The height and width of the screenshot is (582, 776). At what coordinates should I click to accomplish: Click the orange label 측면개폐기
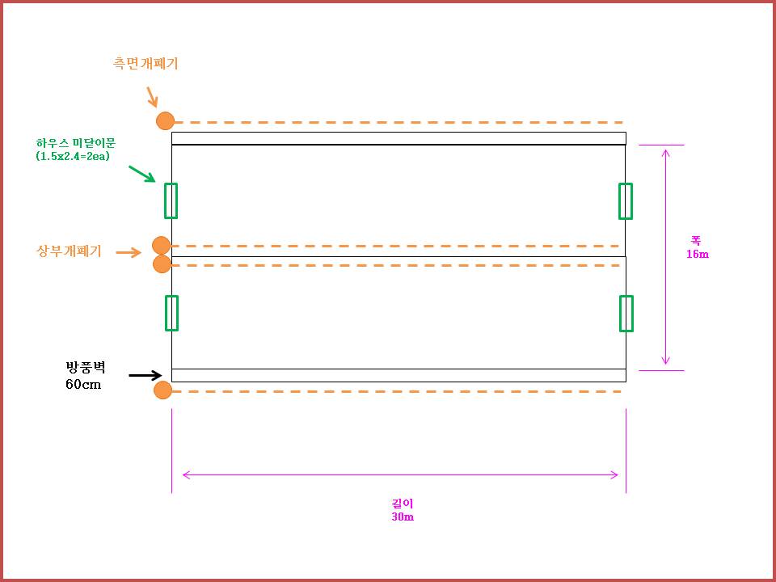coord(145,63)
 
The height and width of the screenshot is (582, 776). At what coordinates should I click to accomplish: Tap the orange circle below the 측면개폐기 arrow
coord(165,121)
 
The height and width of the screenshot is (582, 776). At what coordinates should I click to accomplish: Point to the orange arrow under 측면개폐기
coord(151,97)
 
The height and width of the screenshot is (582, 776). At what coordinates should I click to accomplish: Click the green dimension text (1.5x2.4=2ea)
coord(73,156)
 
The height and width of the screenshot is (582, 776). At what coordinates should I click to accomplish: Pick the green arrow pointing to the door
coord(141,174)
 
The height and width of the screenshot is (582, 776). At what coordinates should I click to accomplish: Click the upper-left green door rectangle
coord(171,200)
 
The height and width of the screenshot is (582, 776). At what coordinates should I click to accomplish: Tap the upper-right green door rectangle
coord(626,200)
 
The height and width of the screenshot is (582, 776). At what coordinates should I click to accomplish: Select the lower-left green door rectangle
coord(171,313)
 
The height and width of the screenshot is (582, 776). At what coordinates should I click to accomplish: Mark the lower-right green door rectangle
coord(626,313)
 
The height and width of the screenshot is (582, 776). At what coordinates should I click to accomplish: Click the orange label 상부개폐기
coord(70,251)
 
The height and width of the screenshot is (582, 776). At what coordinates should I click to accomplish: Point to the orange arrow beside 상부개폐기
coord(129,252)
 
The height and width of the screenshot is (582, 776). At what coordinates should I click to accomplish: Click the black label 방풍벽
coord(85,369)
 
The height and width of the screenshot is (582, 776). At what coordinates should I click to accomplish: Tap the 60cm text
coord(83,384)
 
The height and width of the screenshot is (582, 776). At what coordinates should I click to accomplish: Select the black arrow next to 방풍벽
coord(145,375)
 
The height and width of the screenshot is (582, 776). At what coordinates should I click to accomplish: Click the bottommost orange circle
coord(162,391)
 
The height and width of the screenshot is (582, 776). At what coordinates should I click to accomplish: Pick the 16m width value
coord(697,254)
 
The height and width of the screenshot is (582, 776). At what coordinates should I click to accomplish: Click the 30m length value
coord(403,517)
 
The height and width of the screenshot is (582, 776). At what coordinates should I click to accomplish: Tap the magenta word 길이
coord(402,504)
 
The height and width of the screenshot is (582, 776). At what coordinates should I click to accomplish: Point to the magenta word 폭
coord(695,241)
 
